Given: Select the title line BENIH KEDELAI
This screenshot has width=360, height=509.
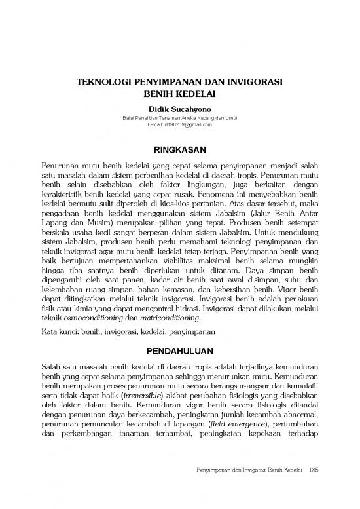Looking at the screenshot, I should click(x=179, y=94).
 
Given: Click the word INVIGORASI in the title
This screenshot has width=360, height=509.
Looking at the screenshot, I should click(x=249, y=83).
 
